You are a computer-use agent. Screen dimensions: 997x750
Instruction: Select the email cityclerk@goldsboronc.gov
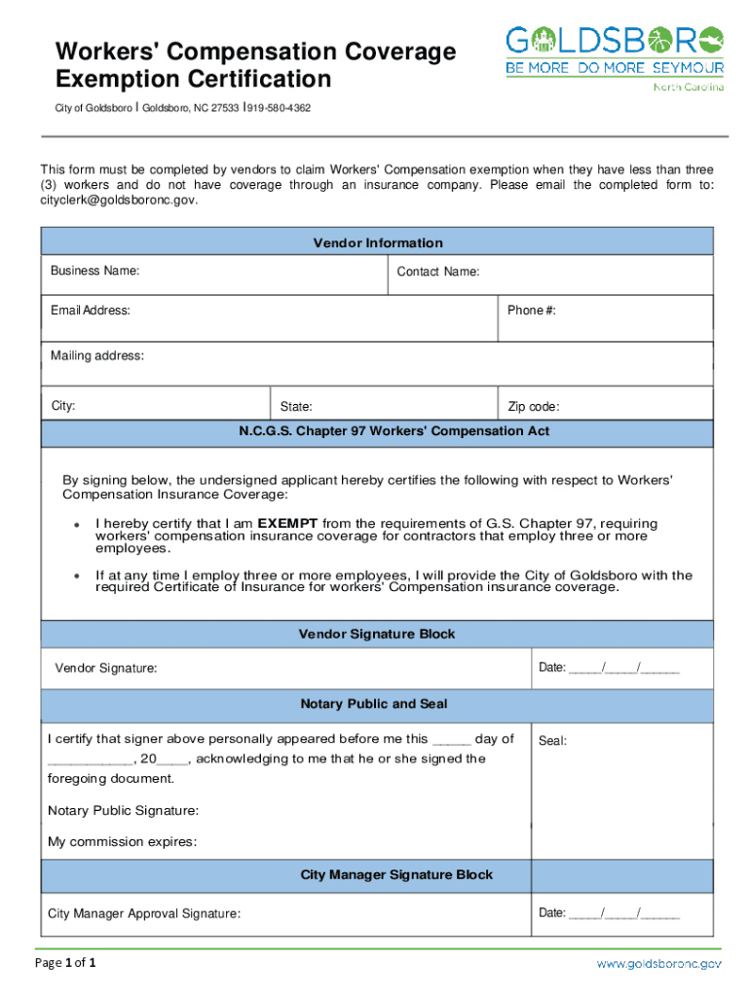(x=119, y=200)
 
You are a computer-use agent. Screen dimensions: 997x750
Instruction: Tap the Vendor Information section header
(x=377, y=242)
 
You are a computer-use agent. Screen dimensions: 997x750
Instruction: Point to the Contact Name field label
(x=437, y=272)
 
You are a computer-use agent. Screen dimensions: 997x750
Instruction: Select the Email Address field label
(x=91, y=310)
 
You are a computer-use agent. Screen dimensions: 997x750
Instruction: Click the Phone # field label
(x=531, y=310)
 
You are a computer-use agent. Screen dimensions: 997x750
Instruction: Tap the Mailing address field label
(x=97, y=355)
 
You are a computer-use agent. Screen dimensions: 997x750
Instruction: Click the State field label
(x=296, y=407)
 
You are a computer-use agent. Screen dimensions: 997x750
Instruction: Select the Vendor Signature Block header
(x=377, y=634)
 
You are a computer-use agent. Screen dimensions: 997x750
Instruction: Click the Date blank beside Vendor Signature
(x=623, y=667)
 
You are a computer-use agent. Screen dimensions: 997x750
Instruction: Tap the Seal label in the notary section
(x=552, y=741)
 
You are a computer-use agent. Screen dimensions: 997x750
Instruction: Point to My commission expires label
(x=122, y=842)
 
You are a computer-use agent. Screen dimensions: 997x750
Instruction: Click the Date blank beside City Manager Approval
(x=623, y=912)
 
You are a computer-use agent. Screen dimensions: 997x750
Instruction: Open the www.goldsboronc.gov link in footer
(x=658, y=964)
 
